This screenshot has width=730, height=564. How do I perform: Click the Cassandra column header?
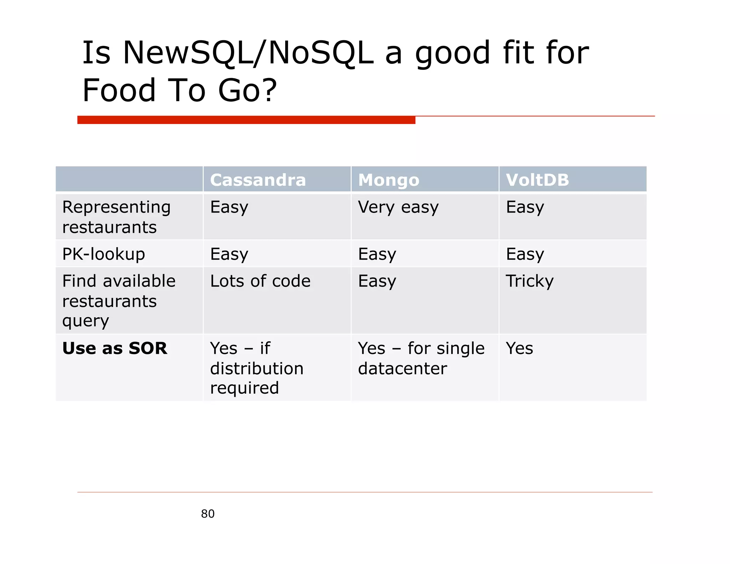tap(258, 180)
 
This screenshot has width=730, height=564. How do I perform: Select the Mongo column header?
tap(389, 180)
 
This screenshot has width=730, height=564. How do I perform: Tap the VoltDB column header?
tap(537, 180)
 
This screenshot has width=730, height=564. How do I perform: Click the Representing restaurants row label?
tap(116, 217)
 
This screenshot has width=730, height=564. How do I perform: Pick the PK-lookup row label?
tap(103, 254)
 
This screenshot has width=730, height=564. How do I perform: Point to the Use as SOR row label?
tap(114, 348)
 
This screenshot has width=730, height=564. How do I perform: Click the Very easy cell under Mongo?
tap(398, 207)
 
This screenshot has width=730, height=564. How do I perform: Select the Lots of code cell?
tap(260, 281)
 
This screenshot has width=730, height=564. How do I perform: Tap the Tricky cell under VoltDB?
tap(530, 281)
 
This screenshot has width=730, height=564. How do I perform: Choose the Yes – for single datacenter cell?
tap(421, 358)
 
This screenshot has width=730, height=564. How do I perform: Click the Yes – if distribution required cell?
tap(257, 368)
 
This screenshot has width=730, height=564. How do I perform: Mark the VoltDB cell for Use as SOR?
tap(519, 348)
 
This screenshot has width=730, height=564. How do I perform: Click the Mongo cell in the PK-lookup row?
tap(377, 254)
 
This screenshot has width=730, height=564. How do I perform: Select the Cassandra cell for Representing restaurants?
tap(229, 207)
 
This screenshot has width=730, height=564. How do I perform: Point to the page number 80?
tap(208, 514)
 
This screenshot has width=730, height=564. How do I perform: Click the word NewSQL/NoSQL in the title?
tap(248, 53)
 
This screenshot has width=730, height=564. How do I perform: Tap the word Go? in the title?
tap(247, 90)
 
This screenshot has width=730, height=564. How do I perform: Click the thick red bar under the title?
tap(246, 120)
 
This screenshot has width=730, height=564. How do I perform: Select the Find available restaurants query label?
tap(119, 301)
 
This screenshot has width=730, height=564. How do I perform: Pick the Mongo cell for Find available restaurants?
tap(377, 281)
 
